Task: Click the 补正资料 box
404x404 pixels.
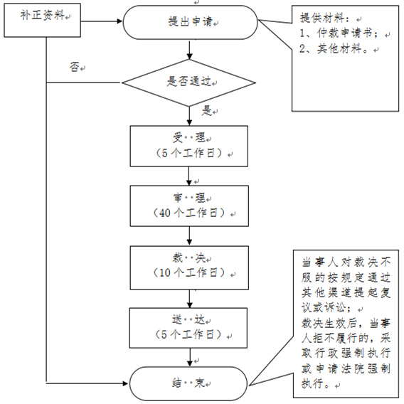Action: click(42, 20)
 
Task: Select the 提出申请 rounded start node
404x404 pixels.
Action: click(190, 23)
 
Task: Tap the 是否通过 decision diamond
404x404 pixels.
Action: click(189, 83)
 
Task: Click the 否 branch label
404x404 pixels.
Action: click(74, 68)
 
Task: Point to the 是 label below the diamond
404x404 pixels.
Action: click(207, 110)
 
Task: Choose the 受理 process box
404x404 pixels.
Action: click(189, 146)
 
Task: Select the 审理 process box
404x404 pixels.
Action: click(189, 206)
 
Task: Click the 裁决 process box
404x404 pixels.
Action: click(189, 267)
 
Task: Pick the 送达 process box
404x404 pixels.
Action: click(188, 328)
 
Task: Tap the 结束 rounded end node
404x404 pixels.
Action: click(188, 383)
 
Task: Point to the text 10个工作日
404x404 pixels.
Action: click(188, 272)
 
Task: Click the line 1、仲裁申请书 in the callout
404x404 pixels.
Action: click(339, 33)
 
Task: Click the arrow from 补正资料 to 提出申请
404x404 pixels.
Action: click(102, 21)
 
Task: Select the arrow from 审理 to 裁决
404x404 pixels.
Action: click(189, 236)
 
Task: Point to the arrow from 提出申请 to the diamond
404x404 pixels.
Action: click(190, 50)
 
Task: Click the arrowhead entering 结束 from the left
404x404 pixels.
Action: click(126, 383)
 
